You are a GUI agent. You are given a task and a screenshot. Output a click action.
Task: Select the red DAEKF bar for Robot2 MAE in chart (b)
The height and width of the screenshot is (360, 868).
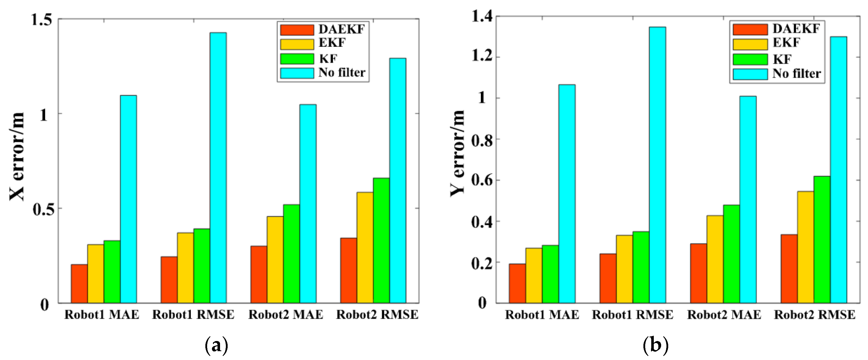tap(699, 273)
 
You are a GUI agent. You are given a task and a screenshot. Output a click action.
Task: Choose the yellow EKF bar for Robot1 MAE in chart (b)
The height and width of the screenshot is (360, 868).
tap(534, 276)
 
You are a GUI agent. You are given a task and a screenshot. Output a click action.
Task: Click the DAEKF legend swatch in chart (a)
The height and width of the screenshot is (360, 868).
tap(297, 30)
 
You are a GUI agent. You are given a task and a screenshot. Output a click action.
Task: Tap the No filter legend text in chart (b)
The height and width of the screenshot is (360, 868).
tap(797, 73)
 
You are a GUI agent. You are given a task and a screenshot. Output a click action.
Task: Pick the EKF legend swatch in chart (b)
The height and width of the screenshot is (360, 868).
tap(750, 44)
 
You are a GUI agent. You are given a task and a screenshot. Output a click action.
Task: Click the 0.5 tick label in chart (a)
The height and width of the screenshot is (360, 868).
tap(42, 209)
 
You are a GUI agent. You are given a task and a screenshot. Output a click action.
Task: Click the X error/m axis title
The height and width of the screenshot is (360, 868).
tap(17, 157)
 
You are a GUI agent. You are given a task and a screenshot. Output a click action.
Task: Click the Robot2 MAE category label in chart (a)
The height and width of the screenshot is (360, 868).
tap(286, 314)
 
